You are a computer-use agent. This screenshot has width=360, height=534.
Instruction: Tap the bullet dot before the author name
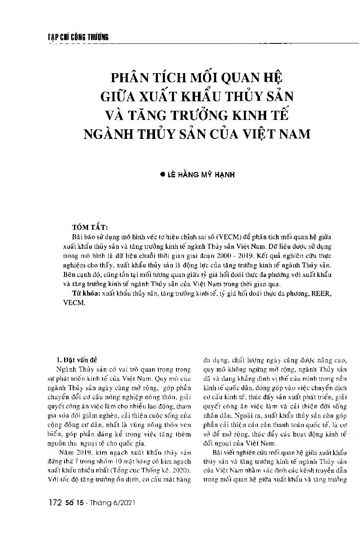tap(162, 175)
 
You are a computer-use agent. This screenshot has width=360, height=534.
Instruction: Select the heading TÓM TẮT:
tap(90, 227)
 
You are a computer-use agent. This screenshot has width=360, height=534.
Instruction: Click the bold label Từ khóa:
tap(86, 293)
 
